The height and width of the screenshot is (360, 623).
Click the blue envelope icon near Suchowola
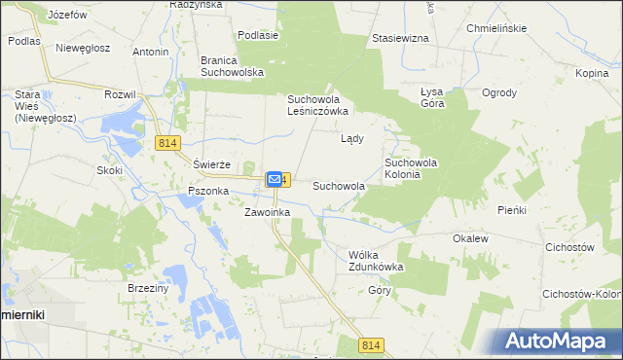(275, 179)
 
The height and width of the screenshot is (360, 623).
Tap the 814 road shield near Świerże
(166, 143)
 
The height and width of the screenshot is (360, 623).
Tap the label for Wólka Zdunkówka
(375, 260)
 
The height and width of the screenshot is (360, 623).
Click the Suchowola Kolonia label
(416, 168)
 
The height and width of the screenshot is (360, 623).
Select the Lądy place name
(351, 138)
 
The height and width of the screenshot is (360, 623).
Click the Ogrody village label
(499, 93)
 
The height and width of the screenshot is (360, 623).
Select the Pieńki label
(511, 209)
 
